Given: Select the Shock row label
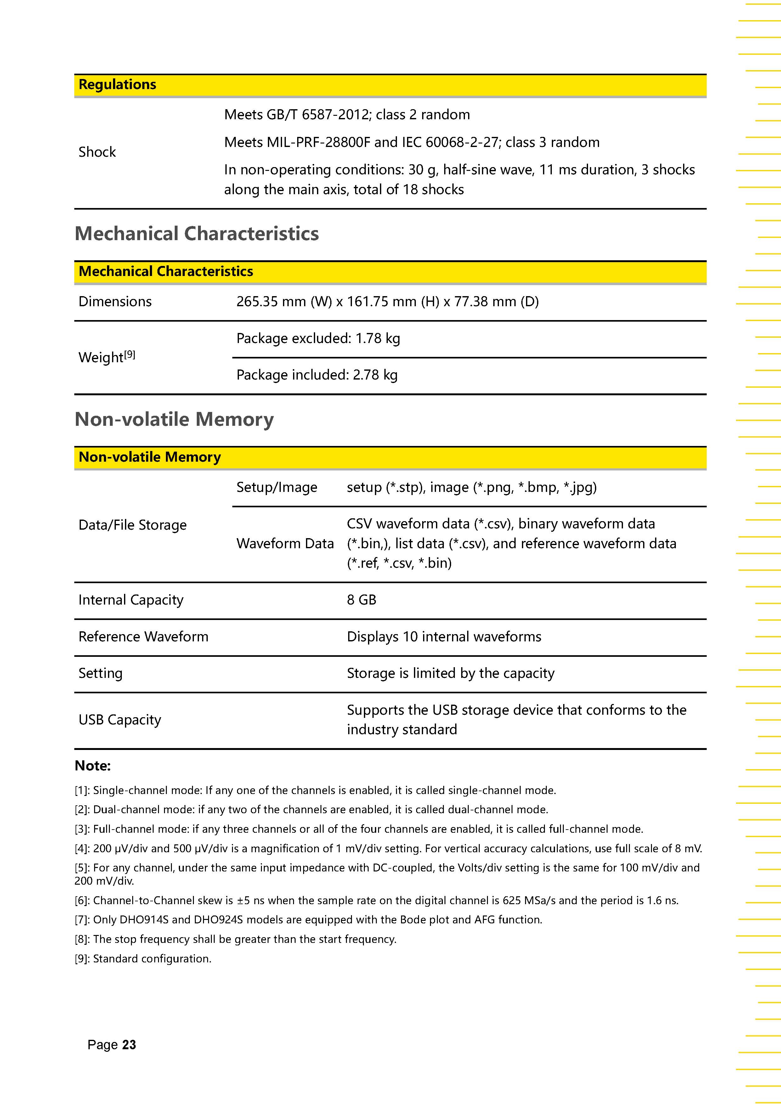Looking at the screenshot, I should click(x=97, y=152).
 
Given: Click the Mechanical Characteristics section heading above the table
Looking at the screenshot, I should click(x=197, y=234).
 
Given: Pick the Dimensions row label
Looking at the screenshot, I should click(x=115, y=301).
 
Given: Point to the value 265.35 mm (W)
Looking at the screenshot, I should click(x=284, y=301).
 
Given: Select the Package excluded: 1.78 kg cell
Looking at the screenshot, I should click(x=318, y=339).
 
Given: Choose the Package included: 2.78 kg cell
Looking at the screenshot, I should click(x=317, y=375).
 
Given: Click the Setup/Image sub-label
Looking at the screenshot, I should click(x=276, y=487).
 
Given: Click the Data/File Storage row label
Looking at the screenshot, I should click(x=132, y=525).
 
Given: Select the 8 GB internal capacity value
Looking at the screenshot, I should click(x=362, y=600).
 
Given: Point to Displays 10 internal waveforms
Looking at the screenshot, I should click(x=444, y=637).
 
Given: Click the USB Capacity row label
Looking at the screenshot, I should click(x=120, y=720).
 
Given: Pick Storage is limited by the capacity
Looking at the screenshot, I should click(x=450, y=673).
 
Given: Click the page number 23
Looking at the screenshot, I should click(x=129, y=1045).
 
